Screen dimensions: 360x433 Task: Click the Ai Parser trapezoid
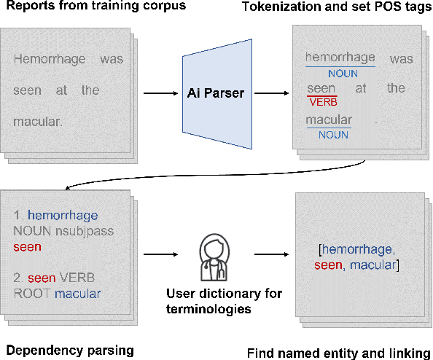214,93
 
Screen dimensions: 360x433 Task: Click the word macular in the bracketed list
374,265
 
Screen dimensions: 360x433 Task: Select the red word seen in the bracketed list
329,265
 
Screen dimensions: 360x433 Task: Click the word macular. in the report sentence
38,121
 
